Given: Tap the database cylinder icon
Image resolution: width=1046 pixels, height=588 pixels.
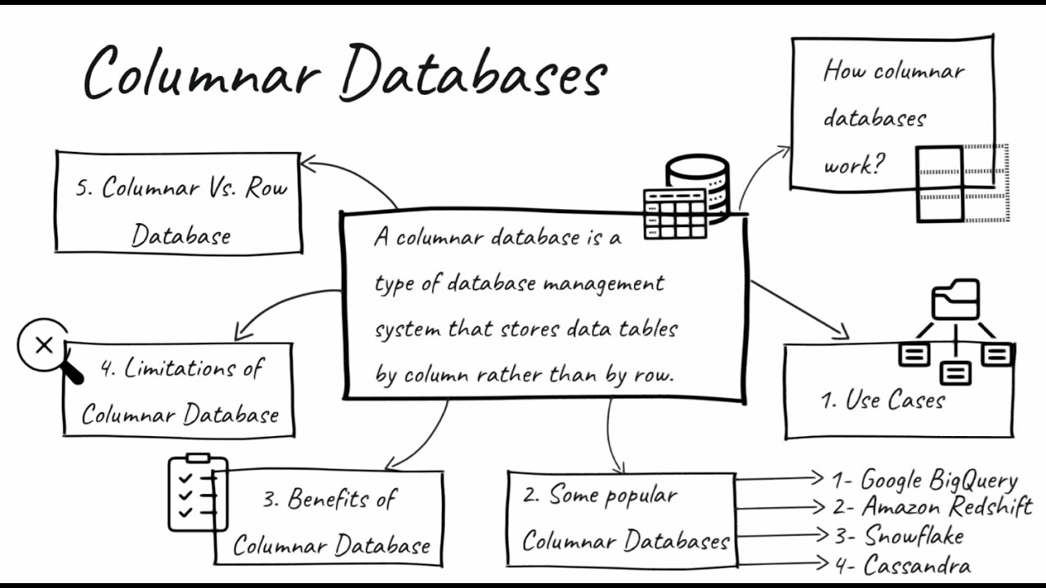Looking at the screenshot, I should click(696, 183).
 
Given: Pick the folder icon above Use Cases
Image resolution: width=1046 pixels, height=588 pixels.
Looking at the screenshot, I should click(955, 300).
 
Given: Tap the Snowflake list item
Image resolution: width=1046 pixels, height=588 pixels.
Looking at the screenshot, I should click(914, 536).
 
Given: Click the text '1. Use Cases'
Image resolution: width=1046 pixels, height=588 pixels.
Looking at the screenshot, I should click(883, 400).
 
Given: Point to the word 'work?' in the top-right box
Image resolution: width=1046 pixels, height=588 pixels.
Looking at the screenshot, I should click(854, 165).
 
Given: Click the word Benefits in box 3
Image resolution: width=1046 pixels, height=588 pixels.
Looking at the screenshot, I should click(327, 499).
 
